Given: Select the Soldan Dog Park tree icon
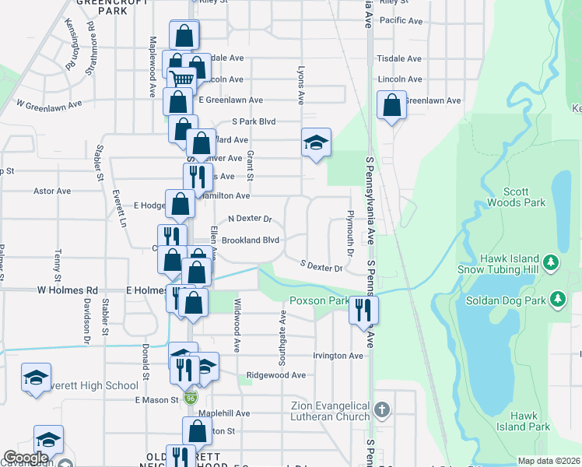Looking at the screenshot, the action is (557, 299).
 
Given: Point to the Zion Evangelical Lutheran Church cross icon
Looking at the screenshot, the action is (381, 409).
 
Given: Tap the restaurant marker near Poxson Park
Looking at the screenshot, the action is (363, 311).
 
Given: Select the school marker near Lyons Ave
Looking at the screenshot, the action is (317, 142).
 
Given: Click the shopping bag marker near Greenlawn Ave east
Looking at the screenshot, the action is (391, 104).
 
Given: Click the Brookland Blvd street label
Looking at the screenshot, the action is (250, 241).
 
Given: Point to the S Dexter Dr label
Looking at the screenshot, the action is (321, 267).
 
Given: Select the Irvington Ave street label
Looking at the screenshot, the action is (338, 356).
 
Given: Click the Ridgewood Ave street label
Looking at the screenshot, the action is (275, 374).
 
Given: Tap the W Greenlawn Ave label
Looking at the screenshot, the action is (49, 104).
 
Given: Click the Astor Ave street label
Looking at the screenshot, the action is (51, 191).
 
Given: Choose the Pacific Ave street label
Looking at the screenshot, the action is (401, 20).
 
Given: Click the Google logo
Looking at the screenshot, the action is (26, 458).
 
